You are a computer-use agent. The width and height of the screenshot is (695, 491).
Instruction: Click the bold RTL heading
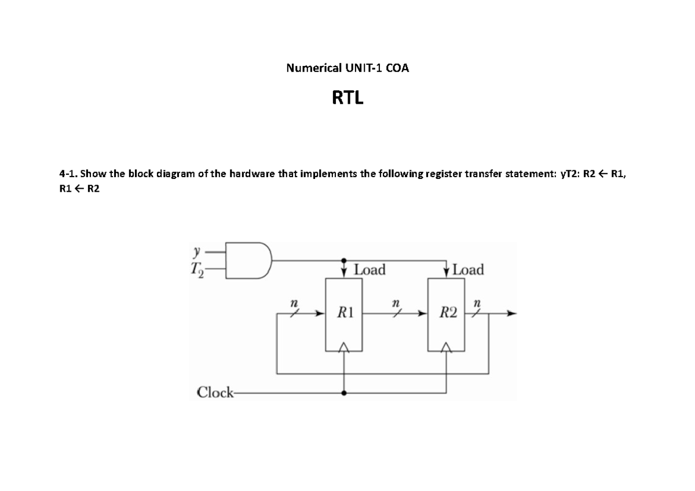pyautogui.click(x=348, y=99)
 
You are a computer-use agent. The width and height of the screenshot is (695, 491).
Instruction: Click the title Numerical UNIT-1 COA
pyautogui.click(x=348, y=68)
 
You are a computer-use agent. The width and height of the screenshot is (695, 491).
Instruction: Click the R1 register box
pyautogui.click(x=345, y=314)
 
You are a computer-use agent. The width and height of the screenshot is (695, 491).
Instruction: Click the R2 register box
pyautogui.click(x=446, y=314)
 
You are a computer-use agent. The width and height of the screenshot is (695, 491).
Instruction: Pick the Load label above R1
pyautogui.click(x=370, y=270)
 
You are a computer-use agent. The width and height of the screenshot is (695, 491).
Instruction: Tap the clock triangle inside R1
pyautogui.click(x=345, y=347)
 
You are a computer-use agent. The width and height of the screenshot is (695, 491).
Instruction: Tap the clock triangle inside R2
pyautogui.click(x=446, y=347)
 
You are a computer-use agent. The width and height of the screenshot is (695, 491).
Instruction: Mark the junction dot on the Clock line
pyautogui.click(x=345, y=393)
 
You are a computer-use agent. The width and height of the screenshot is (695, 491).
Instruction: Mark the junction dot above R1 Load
pyautogui.click(x=345, y=260)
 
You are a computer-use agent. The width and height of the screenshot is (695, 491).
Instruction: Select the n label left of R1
pyautogui.click(x=294, y=303)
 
